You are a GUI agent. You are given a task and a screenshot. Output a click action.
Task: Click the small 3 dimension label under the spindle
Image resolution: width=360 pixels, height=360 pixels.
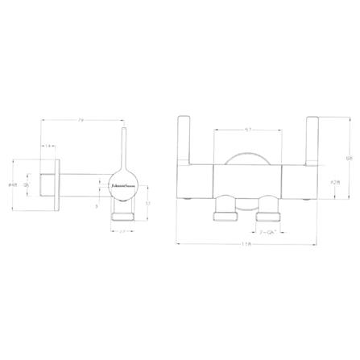click(96, 206)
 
